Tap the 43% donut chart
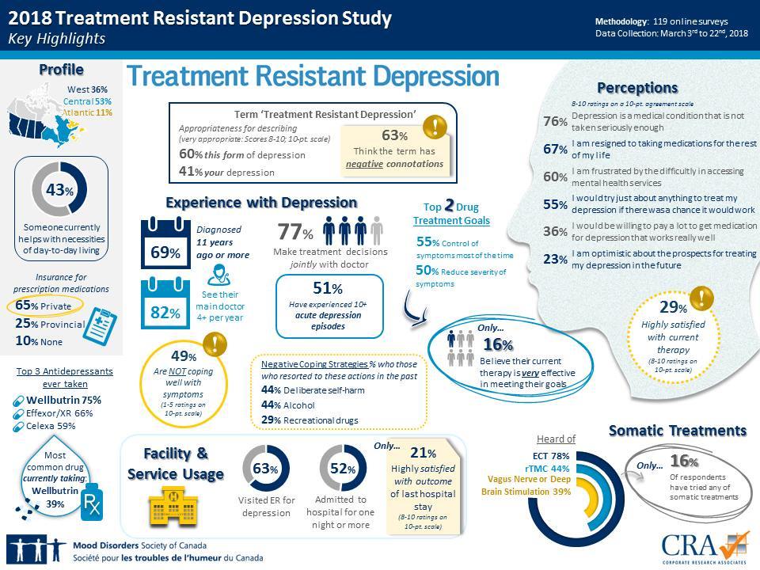tap(59, 189)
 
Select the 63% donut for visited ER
tap(266, 469)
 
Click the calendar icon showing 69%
tap(165, 242)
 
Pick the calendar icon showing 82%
tap(165, 305)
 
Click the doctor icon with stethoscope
tap(222, 276)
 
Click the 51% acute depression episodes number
tap(327, 289)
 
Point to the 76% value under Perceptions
tap(555, 121)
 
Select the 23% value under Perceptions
tap(555, 259)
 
